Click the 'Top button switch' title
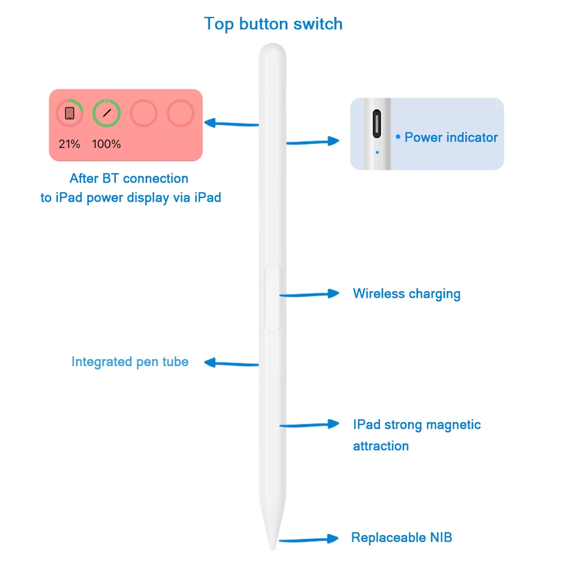click(273, 24)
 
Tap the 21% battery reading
click(69, 144)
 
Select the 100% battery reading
click(106, 144)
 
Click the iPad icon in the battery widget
click(69, 113)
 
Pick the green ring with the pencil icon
click(106, 113)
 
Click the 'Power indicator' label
click(451, 137)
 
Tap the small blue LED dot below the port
click(377, 152)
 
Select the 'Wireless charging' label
click(406, 293)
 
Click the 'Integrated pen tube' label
click(130, 361)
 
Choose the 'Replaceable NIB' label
click(401, 537)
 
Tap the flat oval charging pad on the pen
click(273, 297)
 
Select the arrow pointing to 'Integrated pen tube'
click(230, 363)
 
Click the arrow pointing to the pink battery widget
click(230, 123)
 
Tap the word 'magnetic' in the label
click(454, 424)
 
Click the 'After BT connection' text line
click(129, 178)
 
